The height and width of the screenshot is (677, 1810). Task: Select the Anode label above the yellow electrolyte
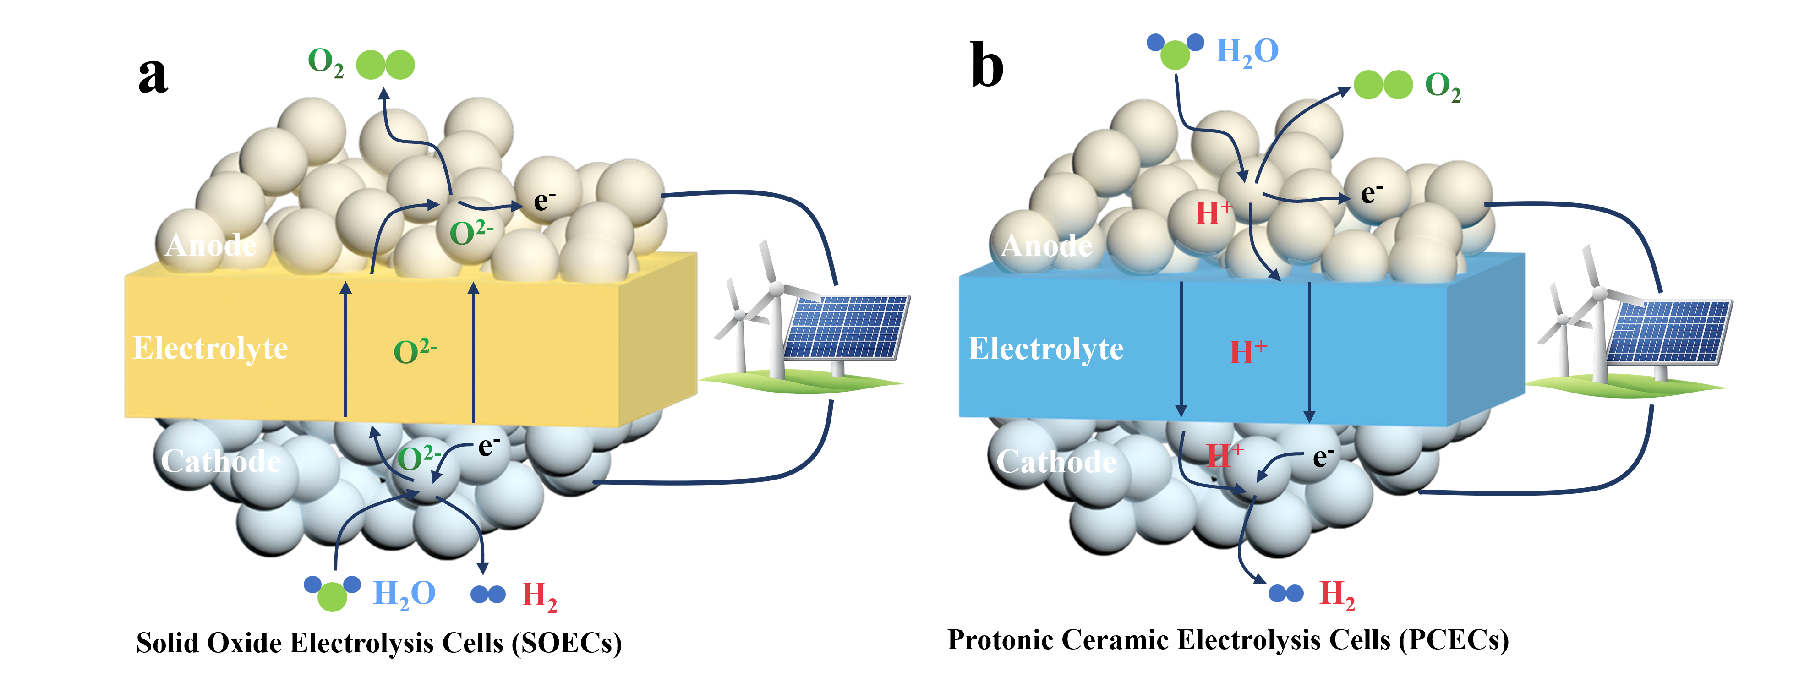pos(210,246)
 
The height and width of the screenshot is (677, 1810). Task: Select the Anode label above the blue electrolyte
pos(1046,246)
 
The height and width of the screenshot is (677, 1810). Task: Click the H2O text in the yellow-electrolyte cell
pos(404,594)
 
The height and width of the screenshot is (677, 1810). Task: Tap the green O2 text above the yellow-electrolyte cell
pos(325,62)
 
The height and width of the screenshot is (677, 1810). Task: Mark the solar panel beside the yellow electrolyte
pos(847,327)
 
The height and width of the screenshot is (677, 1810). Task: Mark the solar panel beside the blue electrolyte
pos(1669,332)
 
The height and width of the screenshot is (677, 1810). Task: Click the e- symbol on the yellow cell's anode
pos(545,201)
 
